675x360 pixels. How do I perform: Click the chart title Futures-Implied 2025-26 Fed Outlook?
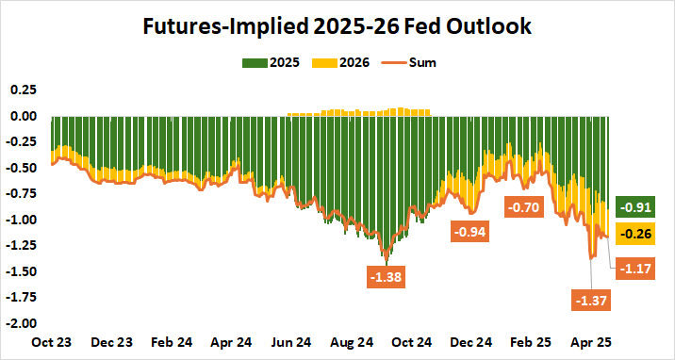337,26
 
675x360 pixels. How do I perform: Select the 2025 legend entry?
272,63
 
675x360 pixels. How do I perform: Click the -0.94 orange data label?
469,231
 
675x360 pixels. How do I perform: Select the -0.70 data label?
524,206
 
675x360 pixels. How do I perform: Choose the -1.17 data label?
635,269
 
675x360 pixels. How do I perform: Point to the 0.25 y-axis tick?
23,90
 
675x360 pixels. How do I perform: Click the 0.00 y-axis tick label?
23,117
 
